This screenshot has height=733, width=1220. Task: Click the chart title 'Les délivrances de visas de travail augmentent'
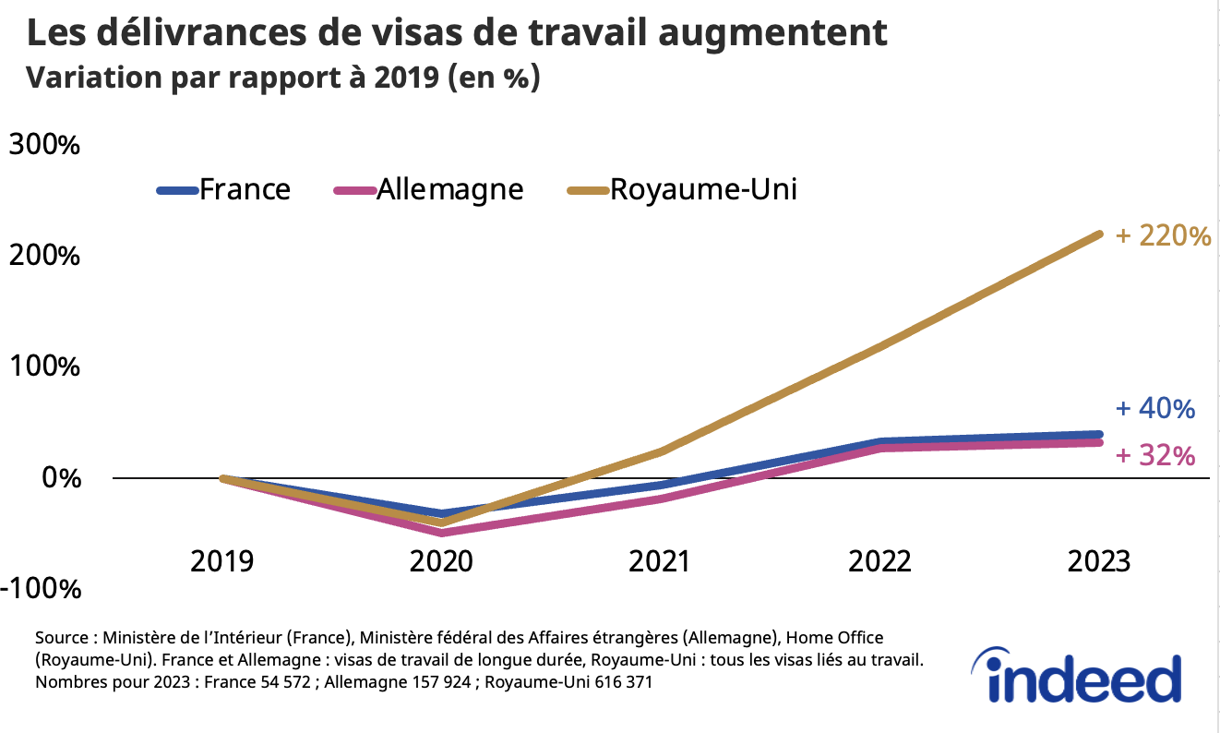(x=457, y=33)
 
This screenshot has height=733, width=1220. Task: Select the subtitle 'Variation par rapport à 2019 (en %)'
(x=282, y=78)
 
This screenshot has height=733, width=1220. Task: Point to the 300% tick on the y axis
(x=43, y=145)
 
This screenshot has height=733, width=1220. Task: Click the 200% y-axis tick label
(x=43, y=256)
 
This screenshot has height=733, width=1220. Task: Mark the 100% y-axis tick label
(x=43, y=366)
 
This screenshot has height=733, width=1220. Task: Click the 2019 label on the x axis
(x=221, y=560)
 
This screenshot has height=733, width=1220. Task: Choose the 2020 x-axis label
(x=441, y=560)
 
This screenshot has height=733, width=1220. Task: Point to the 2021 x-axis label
(x=660, y=560)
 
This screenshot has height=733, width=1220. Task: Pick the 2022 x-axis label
(x=879, y=560)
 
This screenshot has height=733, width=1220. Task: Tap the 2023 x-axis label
(x=1098, y=560)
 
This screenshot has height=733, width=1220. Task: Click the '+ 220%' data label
(x=1163, y=236)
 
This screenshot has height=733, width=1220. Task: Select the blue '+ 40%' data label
(x=1155, y=409)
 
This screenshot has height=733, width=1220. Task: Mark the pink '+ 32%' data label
(x=1155, y=455)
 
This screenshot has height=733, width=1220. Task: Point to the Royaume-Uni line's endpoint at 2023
(x=1098, y=234)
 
